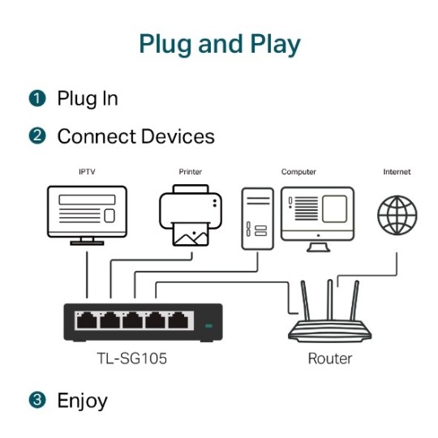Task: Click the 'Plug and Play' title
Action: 219,44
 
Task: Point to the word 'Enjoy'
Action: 82,400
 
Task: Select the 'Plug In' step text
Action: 88,99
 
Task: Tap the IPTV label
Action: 86,172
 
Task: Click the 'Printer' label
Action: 190,172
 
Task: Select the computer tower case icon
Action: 257,217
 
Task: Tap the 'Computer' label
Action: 298,172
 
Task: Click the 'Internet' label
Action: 397,172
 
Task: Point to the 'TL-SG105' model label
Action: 131,358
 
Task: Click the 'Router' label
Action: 330,358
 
